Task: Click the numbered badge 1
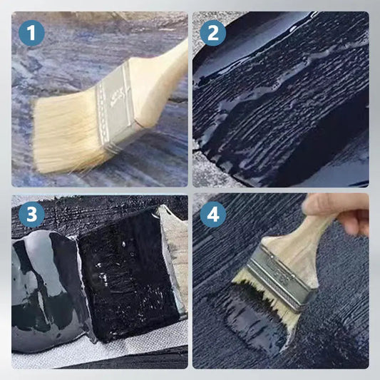point(31,33)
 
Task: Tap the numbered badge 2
point(213,33)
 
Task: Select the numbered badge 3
point(31,214)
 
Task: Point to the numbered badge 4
point(213,214)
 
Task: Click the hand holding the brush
point(339,213)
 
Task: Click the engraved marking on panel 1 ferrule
point(118,97)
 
